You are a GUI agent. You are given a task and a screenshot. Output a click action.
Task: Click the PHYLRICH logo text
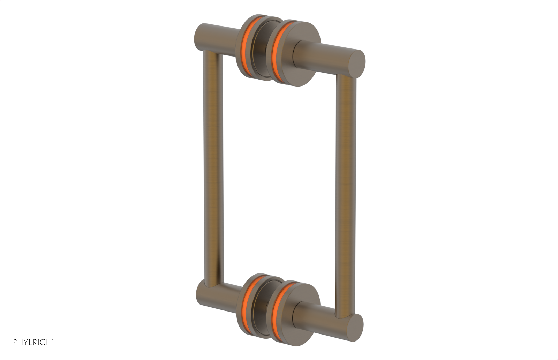tap(33, 342)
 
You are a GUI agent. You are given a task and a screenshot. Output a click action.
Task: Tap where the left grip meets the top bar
tap(212, 54)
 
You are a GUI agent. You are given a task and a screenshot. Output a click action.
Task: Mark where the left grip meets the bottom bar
tap(210, 285)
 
